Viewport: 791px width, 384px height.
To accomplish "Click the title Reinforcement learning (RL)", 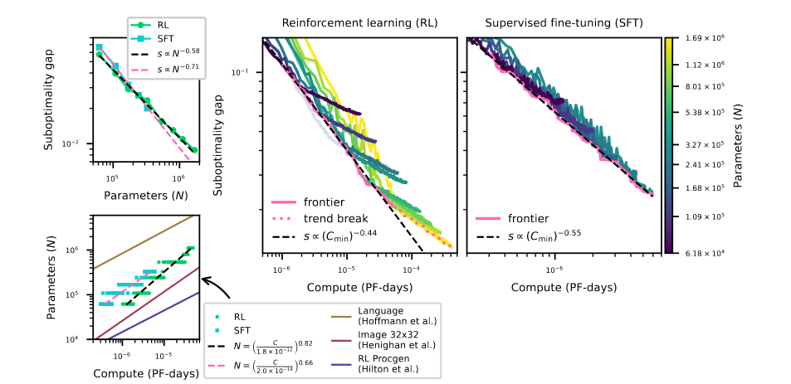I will point(359,22).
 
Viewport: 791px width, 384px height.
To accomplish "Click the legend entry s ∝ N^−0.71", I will point(171,67).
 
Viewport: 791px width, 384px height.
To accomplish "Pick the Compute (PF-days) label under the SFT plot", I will point(563,287).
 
